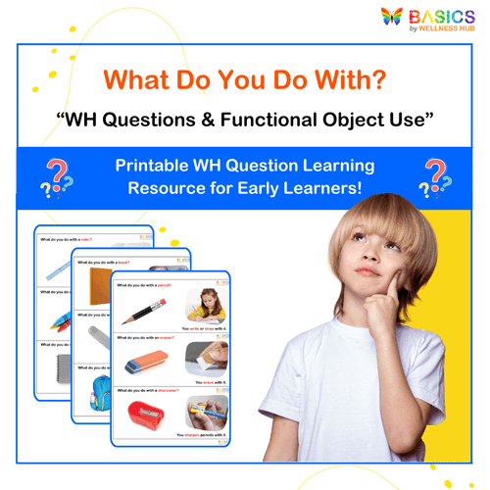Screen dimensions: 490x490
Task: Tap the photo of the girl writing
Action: (x=206, y=304)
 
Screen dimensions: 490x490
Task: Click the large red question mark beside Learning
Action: (x=434, y=172)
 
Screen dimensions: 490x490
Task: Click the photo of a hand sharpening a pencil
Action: (x=205, y=409)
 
